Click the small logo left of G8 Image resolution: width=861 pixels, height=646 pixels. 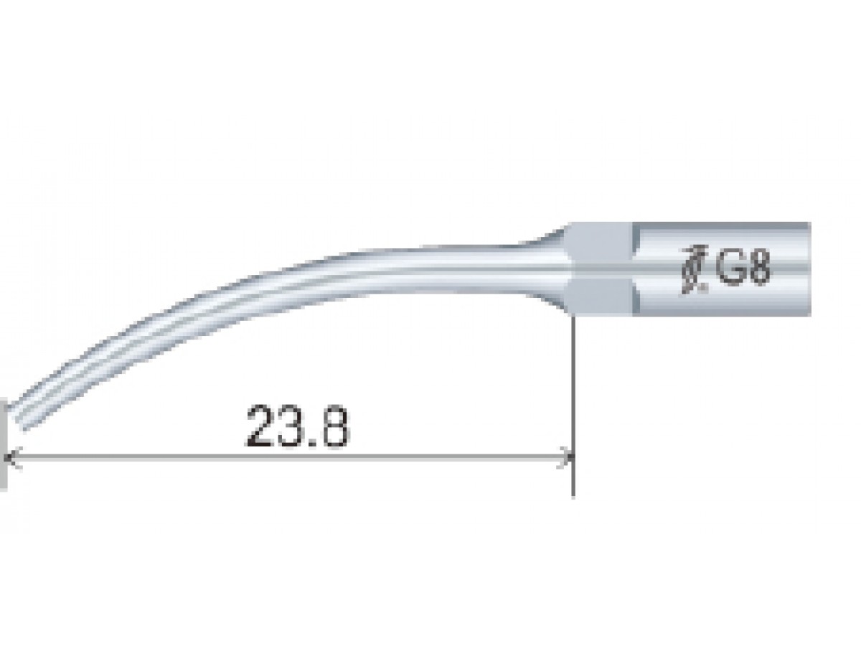[694, 269]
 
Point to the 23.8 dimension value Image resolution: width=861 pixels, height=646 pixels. [296, 426]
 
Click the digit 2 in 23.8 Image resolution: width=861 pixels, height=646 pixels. [260, 426]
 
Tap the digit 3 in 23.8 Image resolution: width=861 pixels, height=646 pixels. [291, 426]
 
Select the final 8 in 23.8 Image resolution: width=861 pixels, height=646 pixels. [334, 426]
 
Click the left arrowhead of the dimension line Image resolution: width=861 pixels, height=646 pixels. [11, 457]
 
